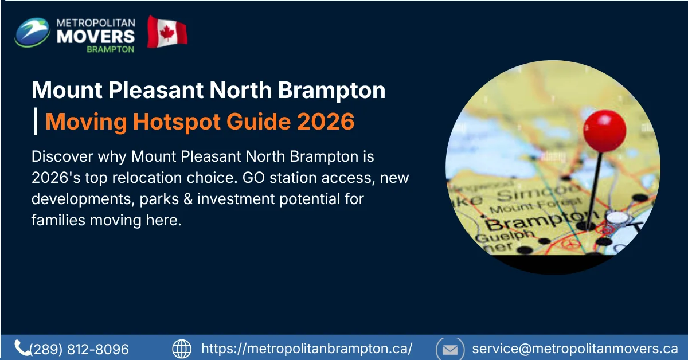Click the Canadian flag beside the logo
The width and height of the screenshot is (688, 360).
click(x=167, y=32)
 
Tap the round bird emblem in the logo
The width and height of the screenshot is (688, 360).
click(x=33, y=32)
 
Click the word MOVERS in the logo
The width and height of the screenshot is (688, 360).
click(x=96, y=36)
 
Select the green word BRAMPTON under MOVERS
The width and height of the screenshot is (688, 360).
click(x=111, y=49)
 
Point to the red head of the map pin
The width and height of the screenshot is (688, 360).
click(x=604, y=130)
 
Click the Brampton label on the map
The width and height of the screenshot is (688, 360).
click(x=531, y=221)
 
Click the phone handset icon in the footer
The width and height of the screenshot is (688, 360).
click(x=22, y=348)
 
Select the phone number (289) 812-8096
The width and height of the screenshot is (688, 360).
click(x=79, y=349)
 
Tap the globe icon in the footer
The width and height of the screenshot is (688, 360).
click(x=182, y=349)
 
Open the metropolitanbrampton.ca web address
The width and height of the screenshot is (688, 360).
click(x=307, y=349)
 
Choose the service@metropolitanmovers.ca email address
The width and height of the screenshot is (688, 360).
click(x=575, y=349)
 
